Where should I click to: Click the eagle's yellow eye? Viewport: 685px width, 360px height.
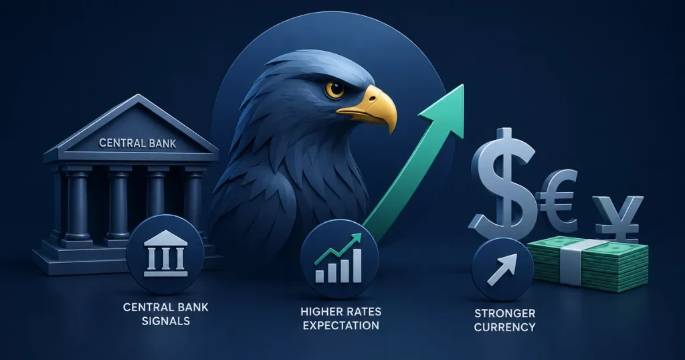(335, 89)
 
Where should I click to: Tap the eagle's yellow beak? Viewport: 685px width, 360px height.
(372, 107)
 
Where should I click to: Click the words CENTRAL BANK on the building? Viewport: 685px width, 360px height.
(138, 143)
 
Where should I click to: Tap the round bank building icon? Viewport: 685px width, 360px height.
(165, 256)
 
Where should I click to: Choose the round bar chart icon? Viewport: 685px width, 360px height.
(339, 259)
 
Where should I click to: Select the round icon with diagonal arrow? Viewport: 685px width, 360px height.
(503, 269)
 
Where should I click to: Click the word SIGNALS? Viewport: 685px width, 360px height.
(166, 321)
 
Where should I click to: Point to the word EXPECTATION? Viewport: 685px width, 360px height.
(341, 325)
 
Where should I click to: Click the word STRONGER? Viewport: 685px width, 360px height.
(504, 313)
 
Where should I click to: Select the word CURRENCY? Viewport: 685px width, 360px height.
(504, 327)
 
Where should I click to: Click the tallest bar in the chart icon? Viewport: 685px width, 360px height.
(357, 265)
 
